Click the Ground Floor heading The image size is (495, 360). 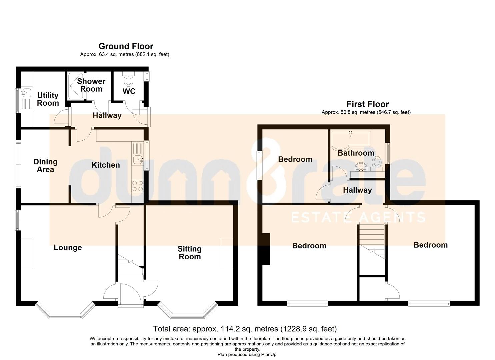coord(126,46)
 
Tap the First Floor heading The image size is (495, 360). coord(367,104)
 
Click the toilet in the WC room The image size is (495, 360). coord(128,79)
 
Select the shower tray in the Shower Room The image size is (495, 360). coord(76,86)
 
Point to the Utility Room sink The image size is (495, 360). coord(27,93)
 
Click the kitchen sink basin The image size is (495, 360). coord(138,159)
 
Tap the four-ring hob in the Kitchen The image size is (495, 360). coord(137,186)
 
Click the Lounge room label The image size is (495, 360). coord(68,248)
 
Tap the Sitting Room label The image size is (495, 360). coord(190,253)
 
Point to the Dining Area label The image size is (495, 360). coord(46,166)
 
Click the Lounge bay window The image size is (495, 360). coord(65,310)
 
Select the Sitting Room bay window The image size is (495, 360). coord(188,310)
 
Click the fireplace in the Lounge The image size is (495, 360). coord(27,254)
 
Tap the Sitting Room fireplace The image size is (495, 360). coord(227,253)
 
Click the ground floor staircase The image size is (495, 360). coord(130,268)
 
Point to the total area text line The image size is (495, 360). coord(245,329)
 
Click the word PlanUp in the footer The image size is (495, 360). coord(269,354)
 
